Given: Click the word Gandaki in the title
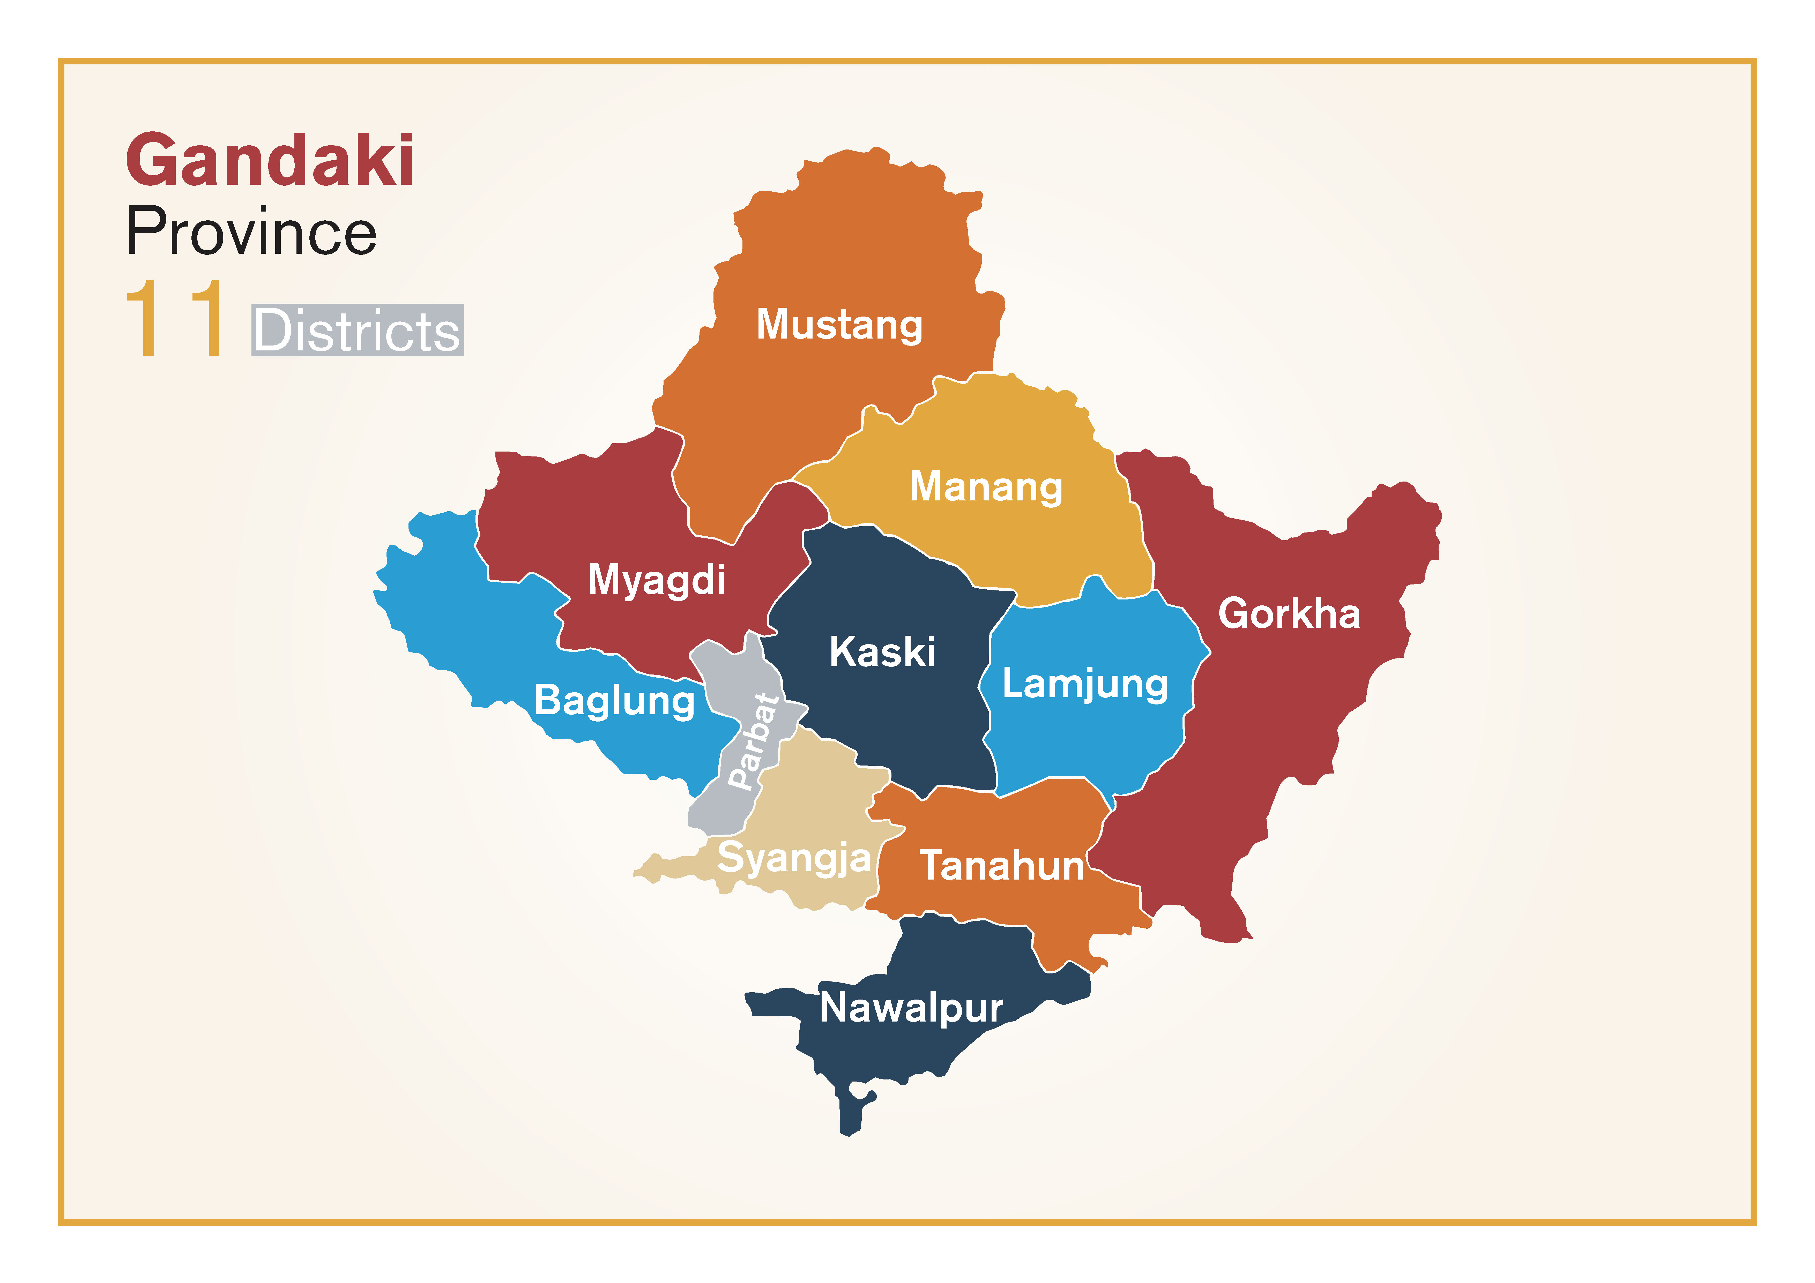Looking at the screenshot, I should click(270, 161).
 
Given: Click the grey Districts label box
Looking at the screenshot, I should click(357, 331).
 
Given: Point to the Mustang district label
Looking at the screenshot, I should click(839, 324).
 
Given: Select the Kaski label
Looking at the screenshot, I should click(882, 652).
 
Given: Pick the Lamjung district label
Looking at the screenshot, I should click(1084, 684).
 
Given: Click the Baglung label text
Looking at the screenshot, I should click(614, 700).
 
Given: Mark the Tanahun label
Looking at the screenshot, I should click(1002, 866).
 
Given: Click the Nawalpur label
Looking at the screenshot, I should click(911, 1008).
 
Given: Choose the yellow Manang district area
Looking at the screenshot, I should click(1028, 545).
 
